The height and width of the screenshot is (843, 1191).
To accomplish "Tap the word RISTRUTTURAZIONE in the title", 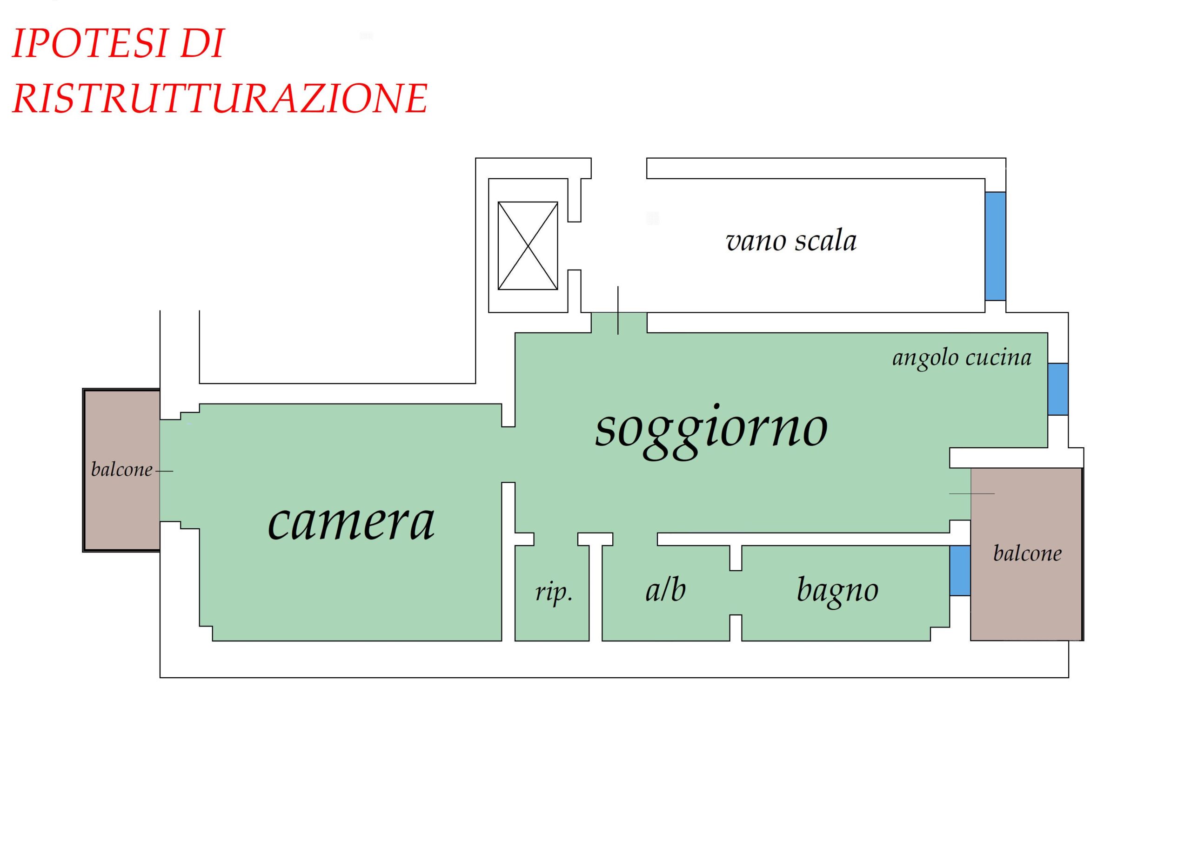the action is click(x=220, y=98).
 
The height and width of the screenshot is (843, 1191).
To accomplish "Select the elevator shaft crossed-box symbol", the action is click(x=528, y=245).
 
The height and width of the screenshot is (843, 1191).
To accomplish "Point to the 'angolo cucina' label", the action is click(x=962, y=358).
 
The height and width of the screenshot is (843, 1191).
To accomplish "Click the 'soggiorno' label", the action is click(x=711, y=430).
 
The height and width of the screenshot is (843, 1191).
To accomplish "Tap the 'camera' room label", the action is click(x=351, y=522).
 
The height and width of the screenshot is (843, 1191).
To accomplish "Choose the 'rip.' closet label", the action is click(x=554, y=592).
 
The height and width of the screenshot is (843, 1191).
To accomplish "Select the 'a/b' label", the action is click(x=666, y=590).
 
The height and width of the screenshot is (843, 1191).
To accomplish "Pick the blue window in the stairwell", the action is click(x=995, y=246).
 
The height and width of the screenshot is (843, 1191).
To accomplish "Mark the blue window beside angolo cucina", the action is click(x=1057, y=389).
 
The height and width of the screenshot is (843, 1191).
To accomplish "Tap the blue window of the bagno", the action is click(x=960, y=571).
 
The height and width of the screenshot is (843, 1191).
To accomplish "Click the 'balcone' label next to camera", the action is click(x=121, y=470).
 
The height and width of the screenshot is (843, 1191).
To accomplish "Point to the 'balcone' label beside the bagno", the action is click(x=1027, y=553).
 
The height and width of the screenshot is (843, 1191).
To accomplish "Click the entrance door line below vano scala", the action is click(x=618, y=310).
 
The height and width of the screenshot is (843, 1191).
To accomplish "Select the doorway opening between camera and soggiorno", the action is click(x=509, y=455).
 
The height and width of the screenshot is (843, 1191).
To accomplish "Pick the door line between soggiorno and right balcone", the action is click(x=971, y=494).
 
